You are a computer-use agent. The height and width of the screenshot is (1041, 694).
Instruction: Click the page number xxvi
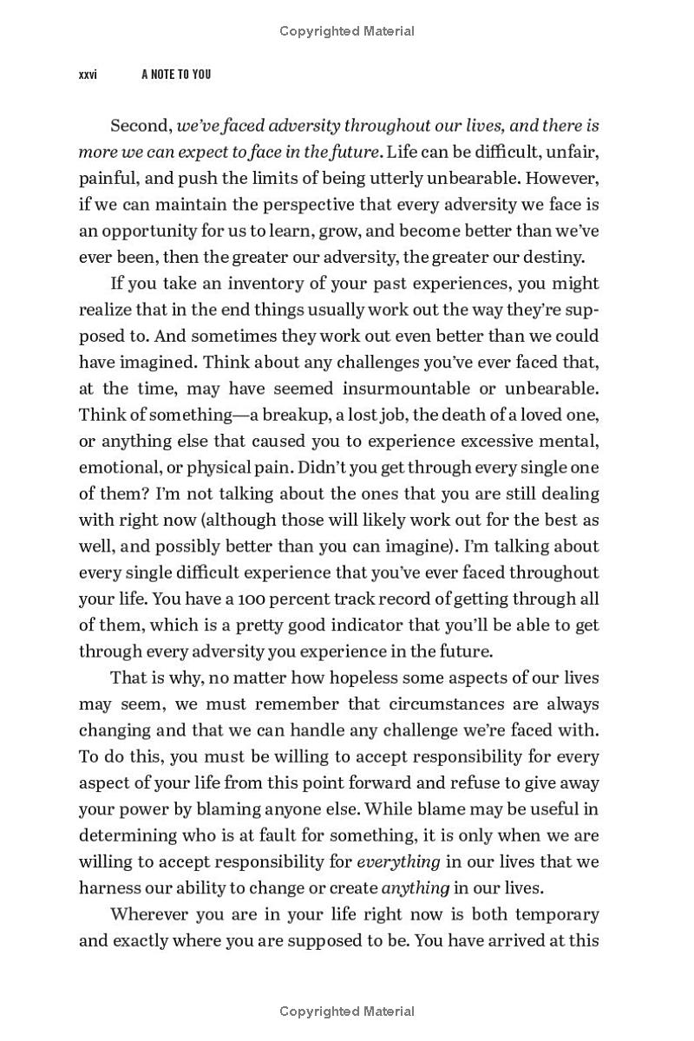(x=88, y=75)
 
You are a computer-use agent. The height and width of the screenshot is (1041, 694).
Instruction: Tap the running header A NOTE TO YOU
(x=176, y=75)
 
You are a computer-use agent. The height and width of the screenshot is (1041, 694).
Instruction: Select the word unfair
(x=573, y=152)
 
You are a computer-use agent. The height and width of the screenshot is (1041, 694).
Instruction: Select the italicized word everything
(x=398, y=861)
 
